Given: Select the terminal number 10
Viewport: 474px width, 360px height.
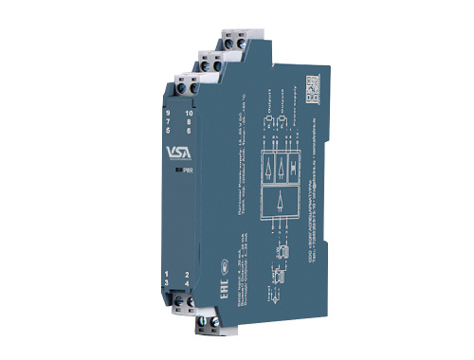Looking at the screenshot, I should pos(189,112).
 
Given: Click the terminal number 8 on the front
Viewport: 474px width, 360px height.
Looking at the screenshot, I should pos(189,121).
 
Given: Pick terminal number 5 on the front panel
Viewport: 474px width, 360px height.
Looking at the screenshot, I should pos(168,131).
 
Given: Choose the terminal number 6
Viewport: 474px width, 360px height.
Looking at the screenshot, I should pos(189,130).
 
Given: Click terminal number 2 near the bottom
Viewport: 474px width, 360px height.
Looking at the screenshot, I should pos(188,275).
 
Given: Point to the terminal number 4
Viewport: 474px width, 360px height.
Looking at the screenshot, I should pos(188,284).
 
